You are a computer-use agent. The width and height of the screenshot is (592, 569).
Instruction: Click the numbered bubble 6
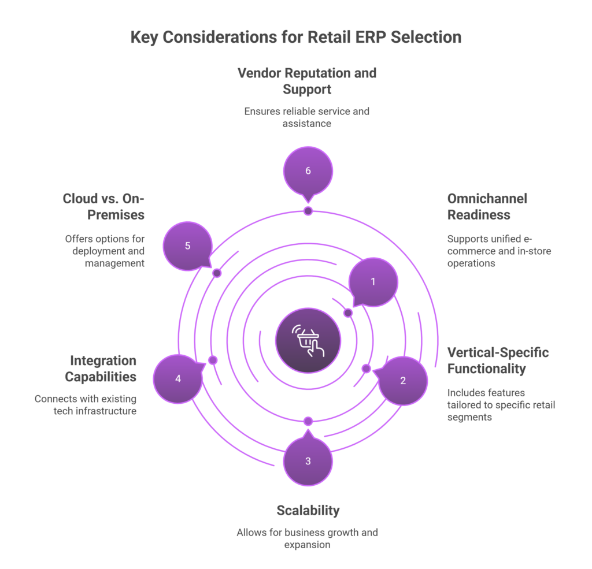[x=308, y=170]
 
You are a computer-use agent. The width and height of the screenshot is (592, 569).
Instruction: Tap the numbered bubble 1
[x=373, y=282]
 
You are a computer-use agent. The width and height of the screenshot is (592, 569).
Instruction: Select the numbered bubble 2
[x=403, y=380]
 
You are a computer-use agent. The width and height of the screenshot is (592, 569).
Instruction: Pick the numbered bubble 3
[x=308, y=460]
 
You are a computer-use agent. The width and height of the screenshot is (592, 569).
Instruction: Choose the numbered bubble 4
[x=178, y=379]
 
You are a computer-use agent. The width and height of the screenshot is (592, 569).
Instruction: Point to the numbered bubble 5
[x=188, y=246]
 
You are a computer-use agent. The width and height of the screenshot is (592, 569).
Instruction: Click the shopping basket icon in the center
[x=308, y=341]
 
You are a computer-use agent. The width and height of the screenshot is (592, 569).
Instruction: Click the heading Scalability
[x=308, y=511]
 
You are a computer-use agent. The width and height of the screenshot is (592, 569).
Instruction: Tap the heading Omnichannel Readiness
[x=487, y=207]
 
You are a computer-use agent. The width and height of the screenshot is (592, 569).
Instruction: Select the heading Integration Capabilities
[x=103, y=369]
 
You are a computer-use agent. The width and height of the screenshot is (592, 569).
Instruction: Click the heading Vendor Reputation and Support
[x=307, y=81]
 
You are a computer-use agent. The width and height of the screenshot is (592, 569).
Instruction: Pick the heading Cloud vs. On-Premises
[x=103, y=207]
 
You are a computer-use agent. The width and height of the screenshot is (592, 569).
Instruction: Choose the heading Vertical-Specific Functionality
[x=498, y=360]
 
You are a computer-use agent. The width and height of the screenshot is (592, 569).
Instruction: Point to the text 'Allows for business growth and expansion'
[x=307, y=538]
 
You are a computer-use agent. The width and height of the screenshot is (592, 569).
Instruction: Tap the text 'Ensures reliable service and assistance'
[x=307, y=117]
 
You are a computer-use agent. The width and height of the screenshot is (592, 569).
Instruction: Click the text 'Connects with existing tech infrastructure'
[x=86, y=404]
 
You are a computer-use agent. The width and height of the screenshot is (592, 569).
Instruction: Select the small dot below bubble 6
[x=308, y=211]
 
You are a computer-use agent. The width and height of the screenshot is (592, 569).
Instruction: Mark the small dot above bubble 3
[x=308, y=421]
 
